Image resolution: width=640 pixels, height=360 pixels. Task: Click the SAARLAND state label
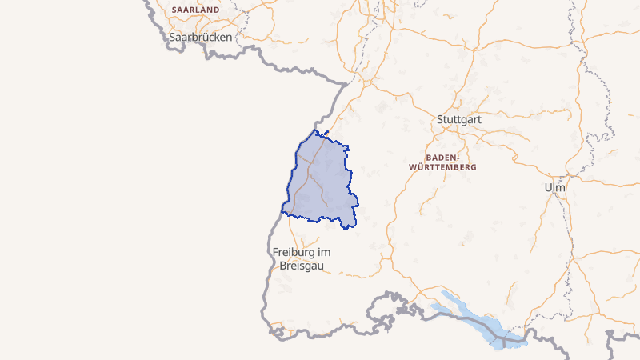click(x=195, y=10)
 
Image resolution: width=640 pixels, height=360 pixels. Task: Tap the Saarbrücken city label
click(x=200, y=37)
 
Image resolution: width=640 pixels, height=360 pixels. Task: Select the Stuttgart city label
click(x=458, y=120)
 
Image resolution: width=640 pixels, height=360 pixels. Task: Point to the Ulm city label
click(x=554, y=187)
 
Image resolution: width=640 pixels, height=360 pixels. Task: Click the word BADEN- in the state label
click(x=442, y=158)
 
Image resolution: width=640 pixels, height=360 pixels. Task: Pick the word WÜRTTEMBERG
click(x=442, y=168)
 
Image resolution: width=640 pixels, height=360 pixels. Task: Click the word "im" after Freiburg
click(x=324, y=252)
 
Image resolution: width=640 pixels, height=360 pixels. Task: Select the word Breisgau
click(x=301, y=266)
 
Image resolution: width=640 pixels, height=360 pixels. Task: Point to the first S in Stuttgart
click(x=440, y=120)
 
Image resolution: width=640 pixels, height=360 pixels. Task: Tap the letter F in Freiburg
click(x=276, y=252)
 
